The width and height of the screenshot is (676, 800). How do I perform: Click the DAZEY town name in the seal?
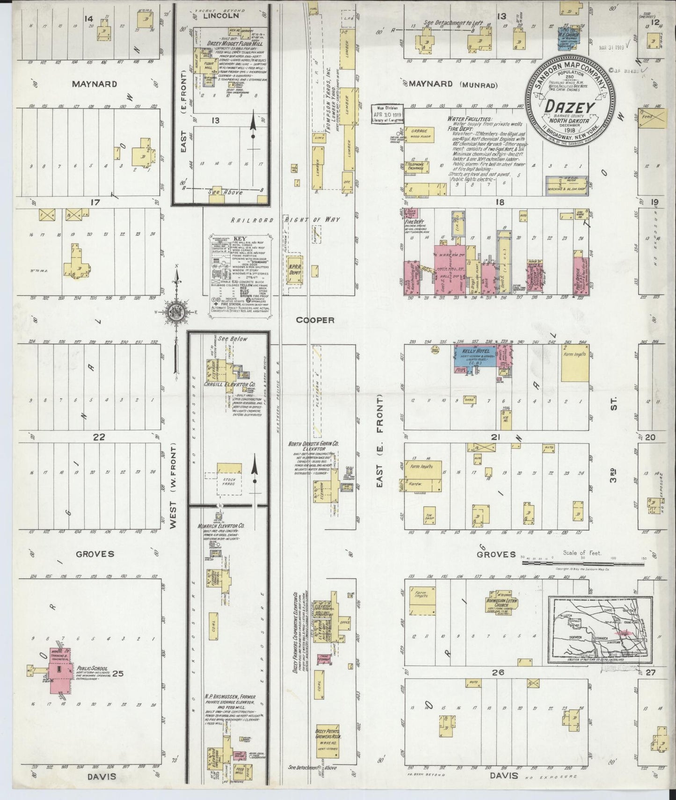pos(569,107)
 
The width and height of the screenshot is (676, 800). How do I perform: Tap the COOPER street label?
pos(317,320)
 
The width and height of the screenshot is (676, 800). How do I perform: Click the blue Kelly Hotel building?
pos(474,361)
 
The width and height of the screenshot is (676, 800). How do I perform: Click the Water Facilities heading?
pos(469,119)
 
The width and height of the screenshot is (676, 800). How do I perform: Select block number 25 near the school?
pos(117,674)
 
